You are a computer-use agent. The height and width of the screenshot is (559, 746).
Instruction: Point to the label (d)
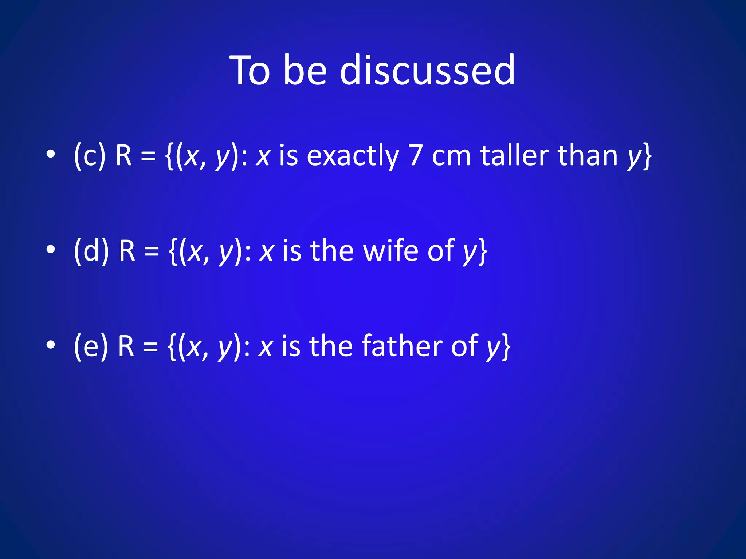click(91, 251)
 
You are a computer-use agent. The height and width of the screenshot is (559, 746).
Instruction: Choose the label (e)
click(91, 346)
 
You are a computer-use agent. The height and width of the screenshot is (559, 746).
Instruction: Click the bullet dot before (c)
click(51, 154)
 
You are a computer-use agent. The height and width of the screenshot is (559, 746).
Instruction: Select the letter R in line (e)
click(126, 346)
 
